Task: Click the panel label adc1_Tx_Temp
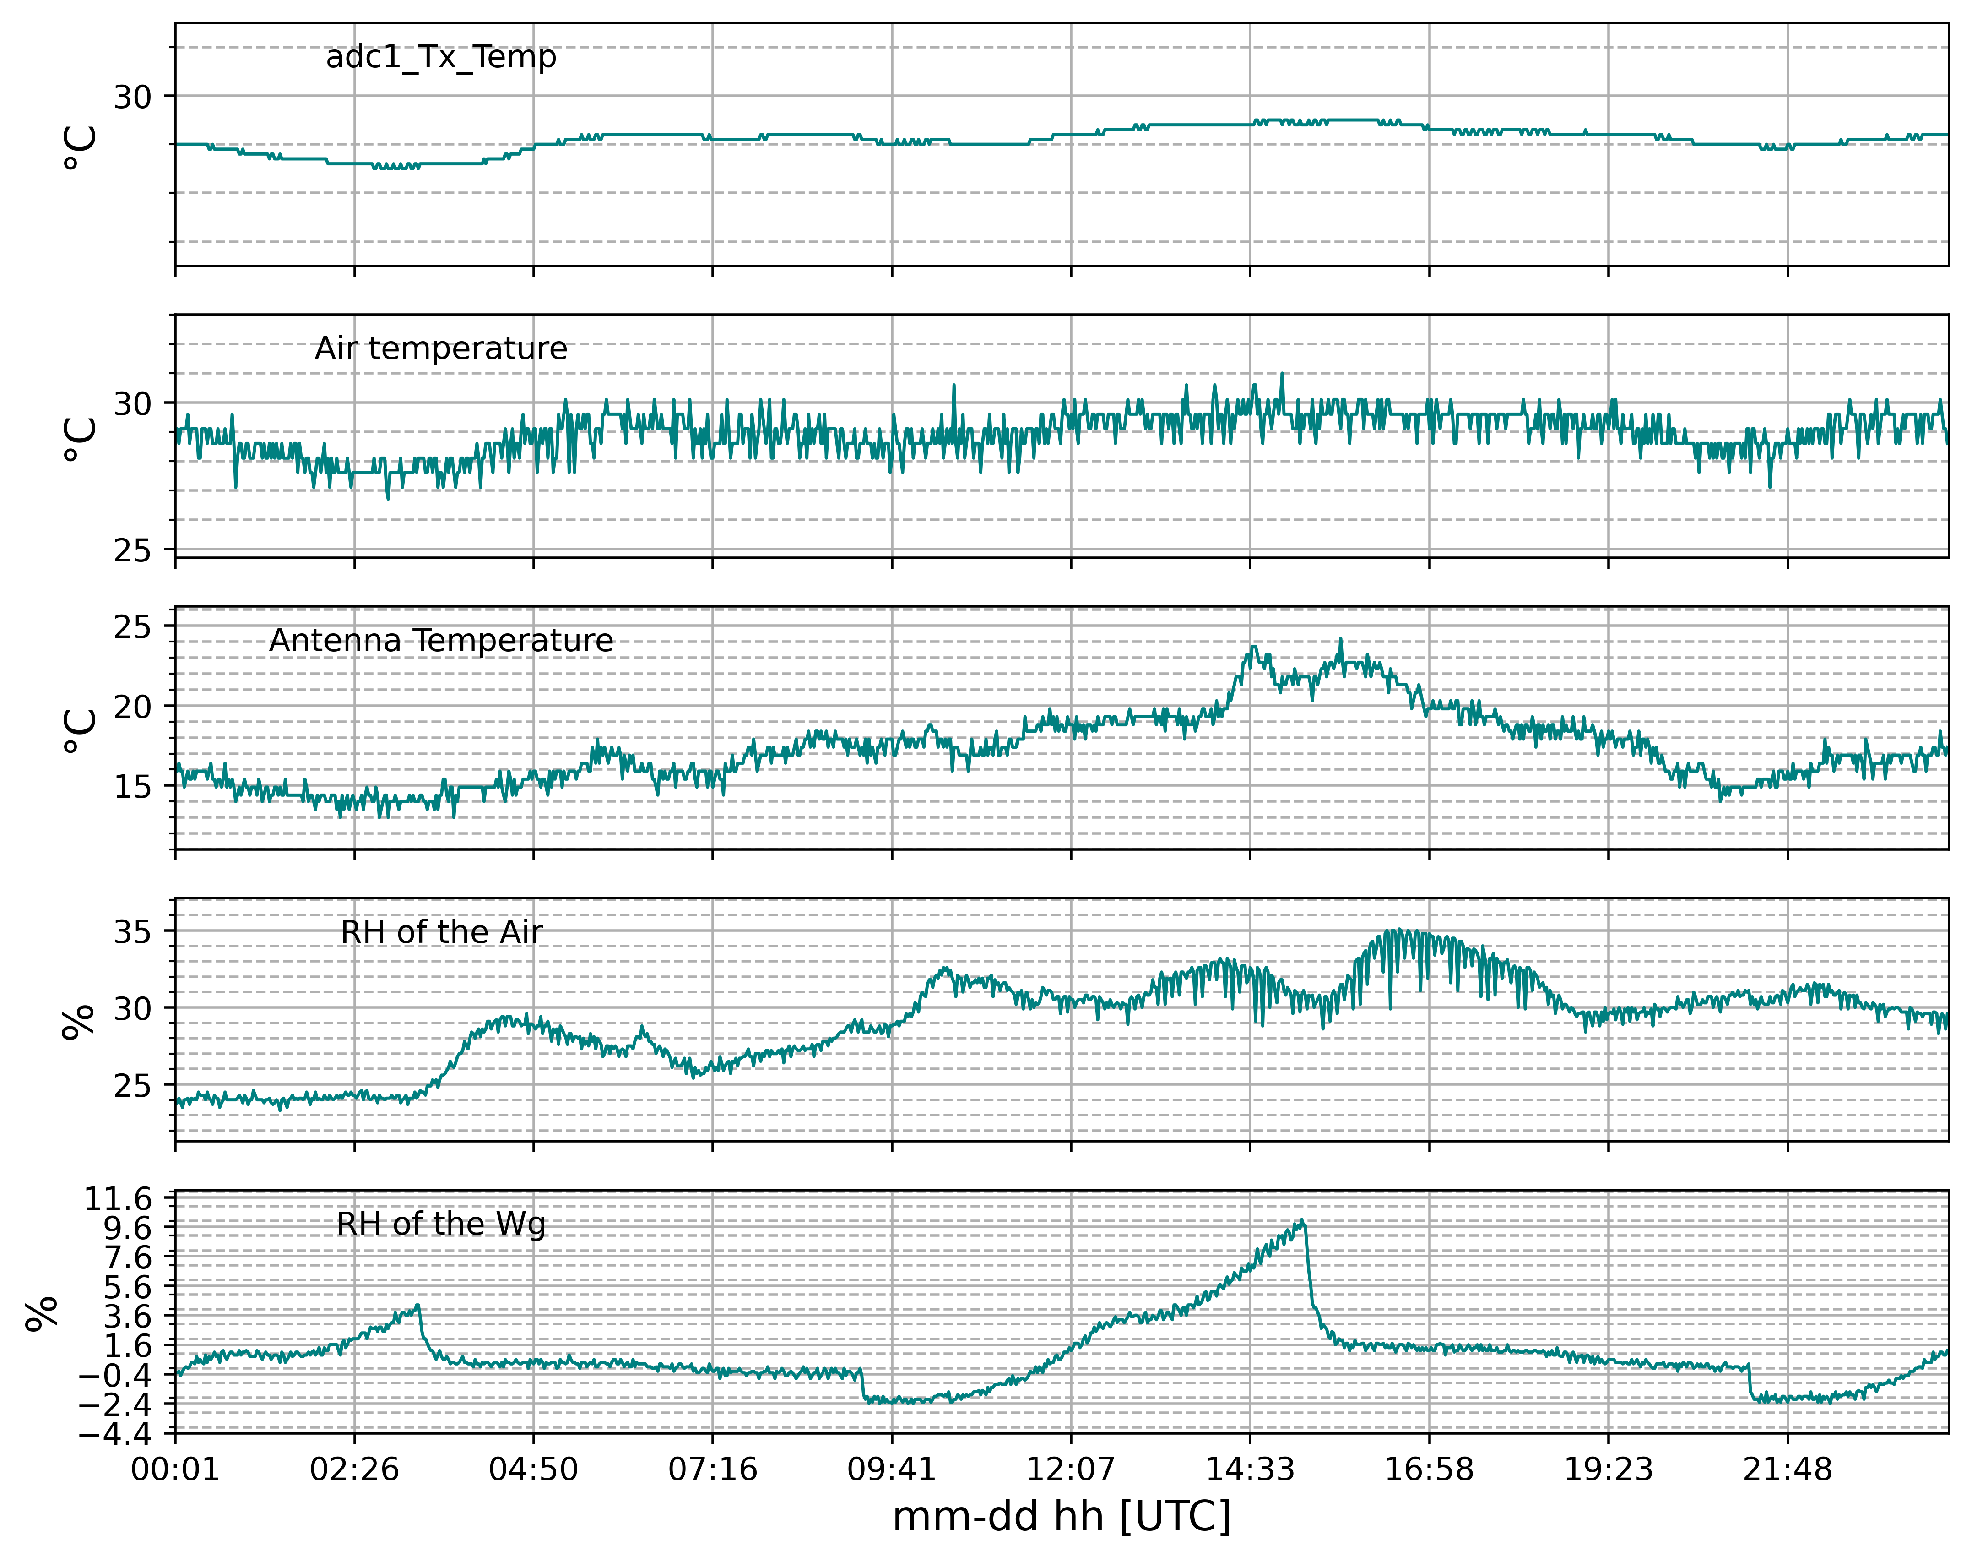(441, 58)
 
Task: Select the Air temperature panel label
(441, 348)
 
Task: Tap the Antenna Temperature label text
(441, 640)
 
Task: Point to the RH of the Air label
(441, 932)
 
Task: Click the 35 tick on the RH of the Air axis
(133, 932)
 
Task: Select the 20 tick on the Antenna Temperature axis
(133, 706)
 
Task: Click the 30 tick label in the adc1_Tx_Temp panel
(133, 96)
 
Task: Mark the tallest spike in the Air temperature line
(1282, 373)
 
